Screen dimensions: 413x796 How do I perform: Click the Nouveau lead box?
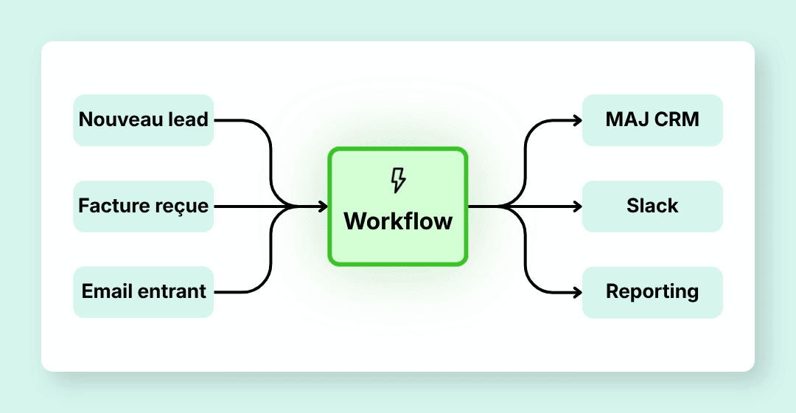click(144, 119)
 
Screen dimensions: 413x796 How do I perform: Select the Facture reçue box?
click(144, 206)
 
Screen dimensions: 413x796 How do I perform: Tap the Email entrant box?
click(144, 292)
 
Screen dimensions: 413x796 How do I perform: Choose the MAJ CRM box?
click(652, 119)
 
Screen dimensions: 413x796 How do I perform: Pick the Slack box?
click(652, 206)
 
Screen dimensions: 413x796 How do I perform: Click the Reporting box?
click(652, 292)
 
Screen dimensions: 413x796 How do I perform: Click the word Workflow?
click(398, 221)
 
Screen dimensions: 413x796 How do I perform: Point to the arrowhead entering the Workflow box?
click(323, 207)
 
